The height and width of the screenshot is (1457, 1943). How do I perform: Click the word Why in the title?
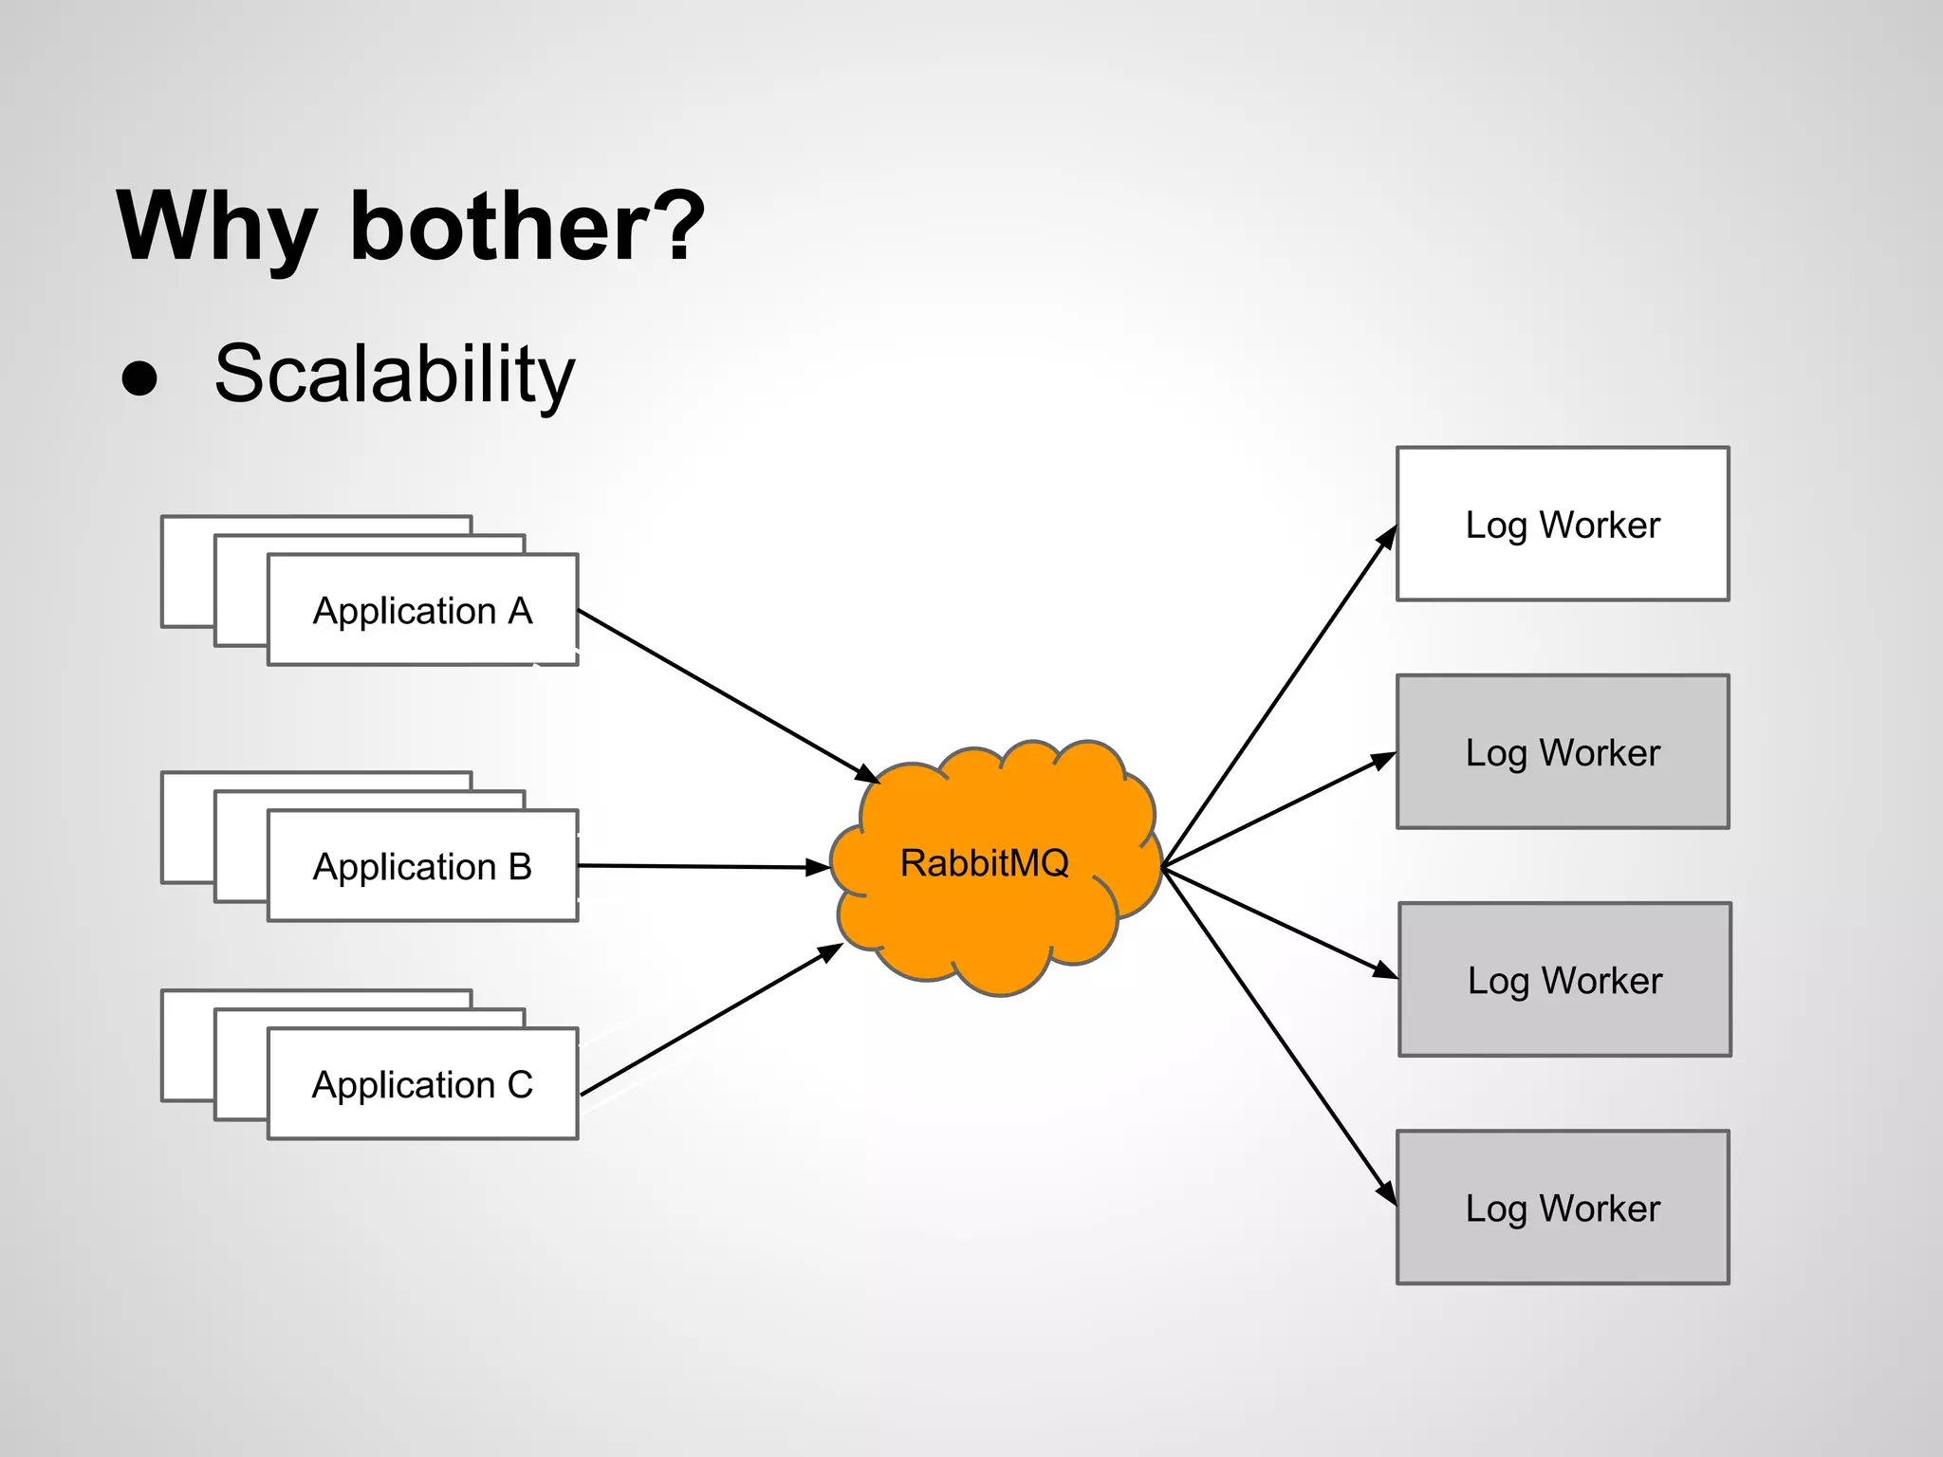215,228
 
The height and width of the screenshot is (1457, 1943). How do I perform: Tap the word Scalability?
395,375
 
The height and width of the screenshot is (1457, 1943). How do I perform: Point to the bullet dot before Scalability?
139,378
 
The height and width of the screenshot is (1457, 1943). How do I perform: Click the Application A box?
422,611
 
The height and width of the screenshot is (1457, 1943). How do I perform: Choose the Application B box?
422,866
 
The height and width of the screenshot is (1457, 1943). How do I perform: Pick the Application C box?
422,1084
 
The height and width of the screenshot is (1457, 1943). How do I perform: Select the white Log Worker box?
1563,525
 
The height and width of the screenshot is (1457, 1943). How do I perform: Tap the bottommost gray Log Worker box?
1563,1208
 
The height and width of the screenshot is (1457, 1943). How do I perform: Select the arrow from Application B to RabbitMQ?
702,867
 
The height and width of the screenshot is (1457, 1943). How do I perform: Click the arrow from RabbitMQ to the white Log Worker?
1276,702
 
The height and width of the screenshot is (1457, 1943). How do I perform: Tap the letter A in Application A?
520,611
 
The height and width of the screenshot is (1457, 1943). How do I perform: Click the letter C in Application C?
520,1084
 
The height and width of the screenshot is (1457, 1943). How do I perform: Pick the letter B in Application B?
520,866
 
